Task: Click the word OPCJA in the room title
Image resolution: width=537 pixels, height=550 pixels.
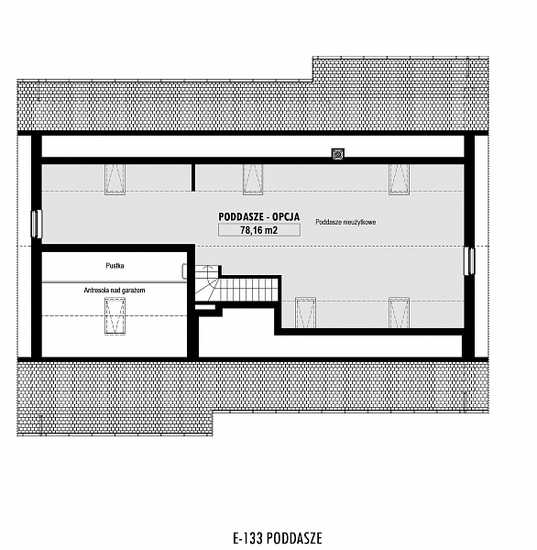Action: point(286,216)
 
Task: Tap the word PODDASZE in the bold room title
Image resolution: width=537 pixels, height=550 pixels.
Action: point(241,216)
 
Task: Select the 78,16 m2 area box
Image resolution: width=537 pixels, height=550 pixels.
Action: point(258,230)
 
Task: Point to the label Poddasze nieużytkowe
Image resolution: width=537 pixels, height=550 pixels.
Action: point(345,222)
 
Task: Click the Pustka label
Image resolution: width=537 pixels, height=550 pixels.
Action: point(115,266)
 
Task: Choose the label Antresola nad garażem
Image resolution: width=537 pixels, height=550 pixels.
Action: point(115,291)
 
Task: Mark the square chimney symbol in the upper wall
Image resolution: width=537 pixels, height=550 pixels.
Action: point(338,154)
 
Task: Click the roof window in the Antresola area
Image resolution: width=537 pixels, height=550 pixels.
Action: point(115,316)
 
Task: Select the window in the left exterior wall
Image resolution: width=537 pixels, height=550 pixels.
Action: point(37,224)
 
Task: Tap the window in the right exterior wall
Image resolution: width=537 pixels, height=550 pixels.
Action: point(469,261)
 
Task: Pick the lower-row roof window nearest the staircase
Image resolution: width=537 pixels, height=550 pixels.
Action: point(305,313)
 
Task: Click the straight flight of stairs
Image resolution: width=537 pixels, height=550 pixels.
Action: point(248,290)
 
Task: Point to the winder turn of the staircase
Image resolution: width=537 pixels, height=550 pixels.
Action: point(205,283)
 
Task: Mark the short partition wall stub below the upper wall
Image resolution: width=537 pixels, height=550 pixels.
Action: point(193,178)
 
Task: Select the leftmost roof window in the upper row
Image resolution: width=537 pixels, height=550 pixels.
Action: point(115,180)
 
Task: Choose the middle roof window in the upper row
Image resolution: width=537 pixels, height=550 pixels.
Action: point(253,180)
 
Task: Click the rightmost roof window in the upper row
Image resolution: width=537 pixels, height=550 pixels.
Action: point(399,180)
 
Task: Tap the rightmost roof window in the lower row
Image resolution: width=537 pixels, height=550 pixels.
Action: point(399,313)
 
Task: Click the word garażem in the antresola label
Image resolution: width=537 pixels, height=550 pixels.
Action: point(135,291)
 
